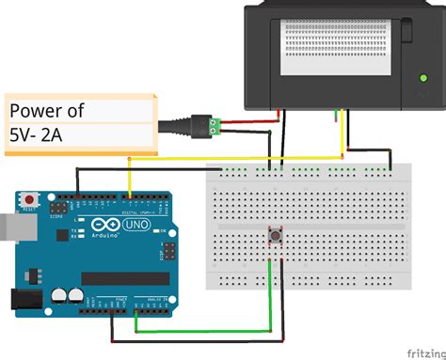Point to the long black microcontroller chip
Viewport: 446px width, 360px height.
(124, 278)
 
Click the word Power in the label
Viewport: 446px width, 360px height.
(47, 110)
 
